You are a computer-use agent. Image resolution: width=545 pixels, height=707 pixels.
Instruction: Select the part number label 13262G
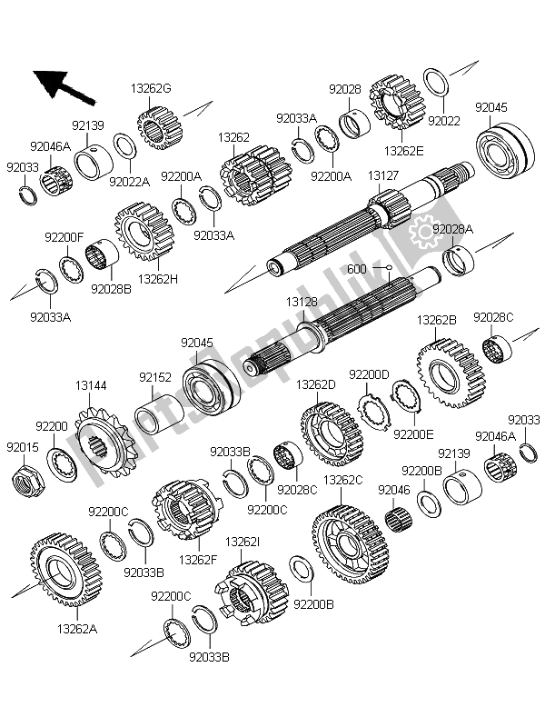[x=151, y=89]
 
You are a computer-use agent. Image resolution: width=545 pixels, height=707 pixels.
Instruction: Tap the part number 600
[x=357, y=269]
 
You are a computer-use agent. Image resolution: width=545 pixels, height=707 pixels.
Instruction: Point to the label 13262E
[x=402, y=150]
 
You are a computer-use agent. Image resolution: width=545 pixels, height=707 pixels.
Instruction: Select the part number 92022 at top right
[x=443, y=120]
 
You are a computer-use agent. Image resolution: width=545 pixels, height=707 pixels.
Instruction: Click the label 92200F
[x=64, y=238]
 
